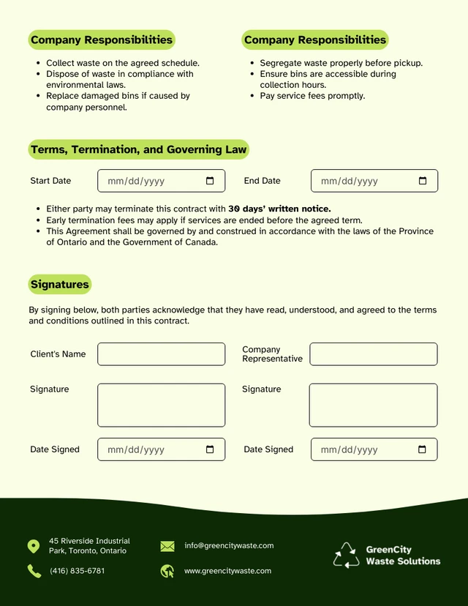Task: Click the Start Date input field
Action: tap(154, 181)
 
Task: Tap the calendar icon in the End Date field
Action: tap(423, 181)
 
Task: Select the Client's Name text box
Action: tap(161, 354)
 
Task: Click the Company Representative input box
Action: tap(373, 354)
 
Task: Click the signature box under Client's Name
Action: tap(161, 405)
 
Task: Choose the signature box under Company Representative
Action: tap(373, 405)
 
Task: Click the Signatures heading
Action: tap(60, 285)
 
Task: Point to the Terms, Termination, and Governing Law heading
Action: tap(139, 149)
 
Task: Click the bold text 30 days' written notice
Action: tap(279, 209)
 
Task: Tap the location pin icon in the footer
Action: tap(34, 546)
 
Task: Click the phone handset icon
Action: tap(34, 571)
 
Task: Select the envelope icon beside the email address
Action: tap(167, 546)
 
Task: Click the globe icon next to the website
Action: tap(167, 571)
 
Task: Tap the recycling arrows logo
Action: tap(346, 555)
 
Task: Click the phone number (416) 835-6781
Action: tap(77, 571)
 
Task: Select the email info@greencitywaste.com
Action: tap(229, 545)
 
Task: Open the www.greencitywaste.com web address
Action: tap(227, 571)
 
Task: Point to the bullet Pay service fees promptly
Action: tap(312, 96)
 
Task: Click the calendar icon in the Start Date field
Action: tap(210, 181)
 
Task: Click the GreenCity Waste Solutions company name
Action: tap(403, 555)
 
